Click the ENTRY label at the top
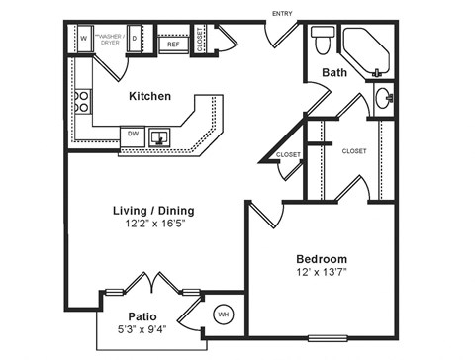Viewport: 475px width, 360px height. (281, 12)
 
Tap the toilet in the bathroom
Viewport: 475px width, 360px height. (322, 43)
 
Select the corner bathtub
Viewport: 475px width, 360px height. (368, 51)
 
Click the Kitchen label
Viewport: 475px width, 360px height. (150, 96)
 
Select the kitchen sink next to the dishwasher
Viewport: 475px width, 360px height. (160, 136)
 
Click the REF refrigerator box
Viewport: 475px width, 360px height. (172, 44)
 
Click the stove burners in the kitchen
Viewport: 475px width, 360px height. (82, 101)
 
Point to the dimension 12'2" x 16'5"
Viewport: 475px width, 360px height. (155, 224)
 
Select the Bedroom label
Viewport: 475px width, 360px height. (322, 258)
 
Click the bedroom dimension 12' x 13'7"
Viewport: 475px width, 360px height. (322, 272)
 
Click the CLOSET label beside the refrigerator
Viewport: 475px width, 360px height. (201, 40)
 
